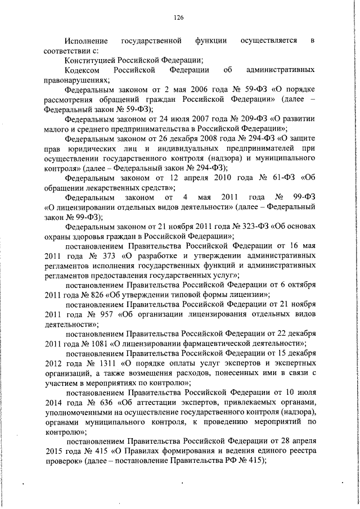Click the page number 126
[x=179, y=17]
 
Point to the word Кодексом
[x=82, y=70]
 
